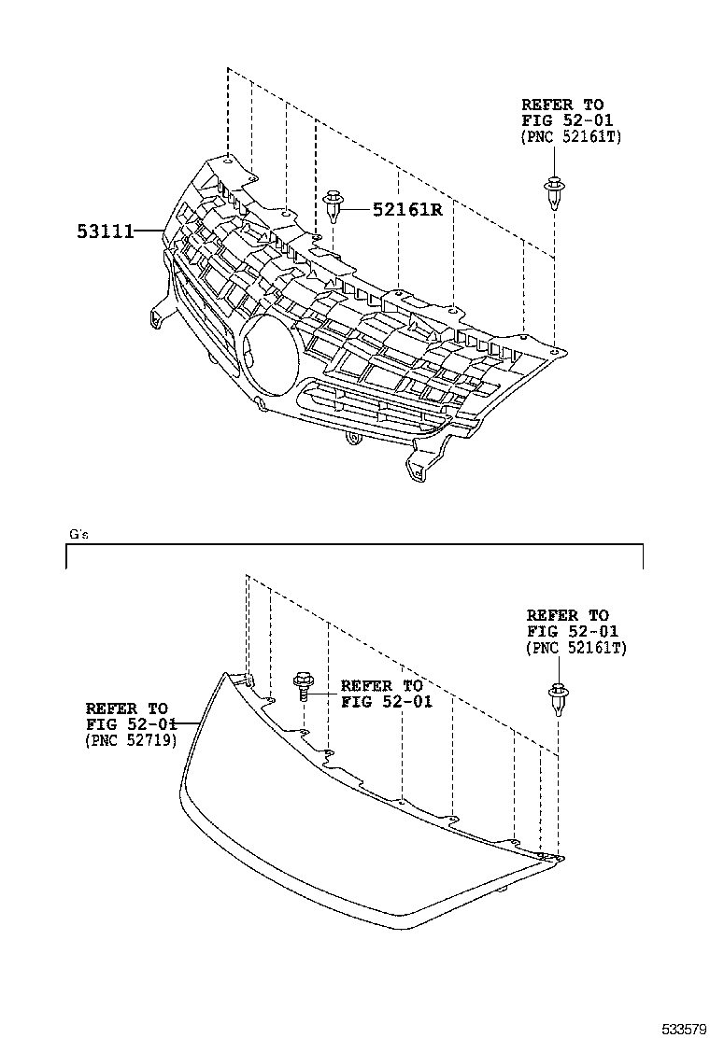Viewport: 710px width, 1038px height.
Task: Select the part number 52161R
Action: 406,210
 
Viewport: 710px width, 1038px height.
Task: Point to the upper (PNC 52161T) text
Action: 571,136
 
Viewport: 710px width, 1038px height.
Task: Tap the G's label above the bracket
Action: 78,534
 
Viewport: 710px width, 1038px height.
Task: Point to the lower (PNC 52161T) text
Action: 576,647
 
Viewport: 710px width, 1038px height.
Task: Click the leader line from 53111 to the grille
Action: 149,229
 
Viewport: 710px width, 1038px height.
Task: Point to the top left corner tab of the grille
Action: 221,162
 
